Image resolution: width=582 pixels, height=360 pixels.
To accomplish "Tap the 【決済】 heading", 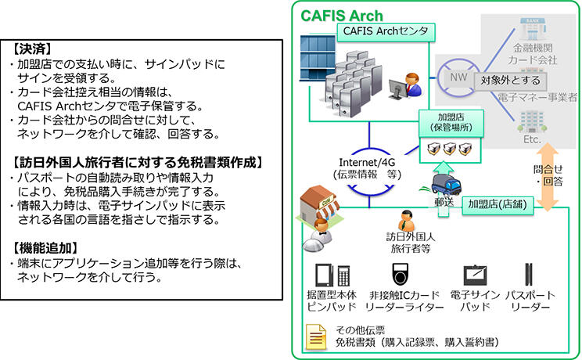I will pyautogui.click(x=33, y=48).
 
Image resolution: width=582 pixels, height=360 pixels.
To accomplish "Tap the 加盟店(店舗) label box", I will pyautogui.click(x=496, y=205).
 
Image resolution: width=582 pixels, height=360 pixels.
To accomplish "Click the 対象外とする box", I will pyautogui.click(x=509, y=80).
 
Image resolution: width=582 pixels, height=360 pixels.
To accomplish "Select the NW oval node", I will pyautogui.click(x=454, y=78).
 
